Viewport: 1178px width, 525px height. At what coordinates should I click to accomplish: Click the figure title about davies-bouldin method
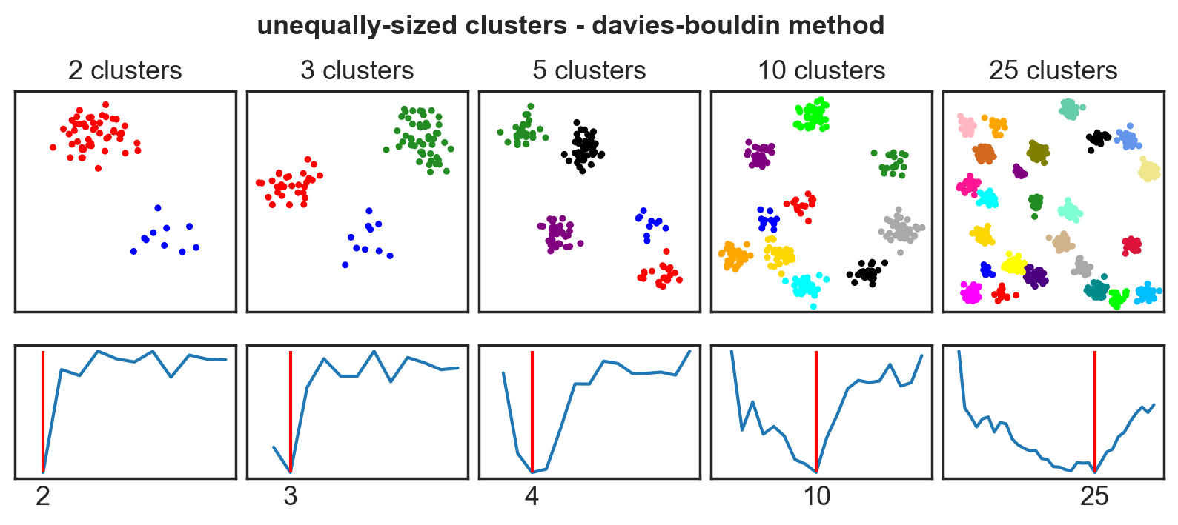pyautogui.click(x=570, y=25)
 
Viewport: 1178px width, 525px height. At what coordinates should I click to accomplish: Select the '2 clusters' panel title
pyautogui.click(x=125, y=70)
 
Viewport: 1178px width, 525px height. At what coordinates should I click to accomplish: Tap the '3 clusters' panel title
pyautogui.click(x=357, y=70)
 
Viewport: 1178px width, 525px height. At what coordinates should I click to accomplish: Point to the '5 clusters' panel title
pyautogui.click(x=589, y=70)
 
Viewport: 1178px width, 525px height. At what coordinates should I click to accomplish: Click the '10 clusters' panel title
pyautogui.click(x=821, y=70)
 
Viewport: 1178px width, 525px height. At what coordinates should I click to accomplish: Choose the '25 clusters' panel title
pyautogui.click(x=1053, y=70)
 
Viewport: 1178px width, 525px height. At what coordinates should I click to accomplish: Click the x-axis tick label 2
pyautogui.click(x=43, y=496)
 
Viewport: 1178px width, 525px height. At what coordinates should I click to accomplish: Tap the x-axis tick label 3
pyautogui.click(x=290, y=496)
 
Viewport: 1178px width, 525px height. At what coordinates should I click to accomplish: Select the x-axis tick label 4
pyautogui.click(x=532, y=496)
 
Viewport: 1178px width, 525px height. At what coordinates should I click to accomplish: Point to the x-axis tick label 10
pyautogui.click(x=816, y=496)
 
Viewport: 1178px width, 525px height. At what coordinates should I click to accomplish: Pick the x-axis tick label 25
pyautogui.click(x=1094, y=496)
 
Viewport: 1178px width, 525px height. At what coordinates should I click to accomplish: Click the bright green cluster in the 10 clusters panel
pyautogui.click(x=813, y=115)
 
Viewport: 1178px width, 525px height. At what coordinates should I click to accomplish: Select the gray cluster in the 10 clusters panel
pyautogui.click(x=901, y=229)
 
